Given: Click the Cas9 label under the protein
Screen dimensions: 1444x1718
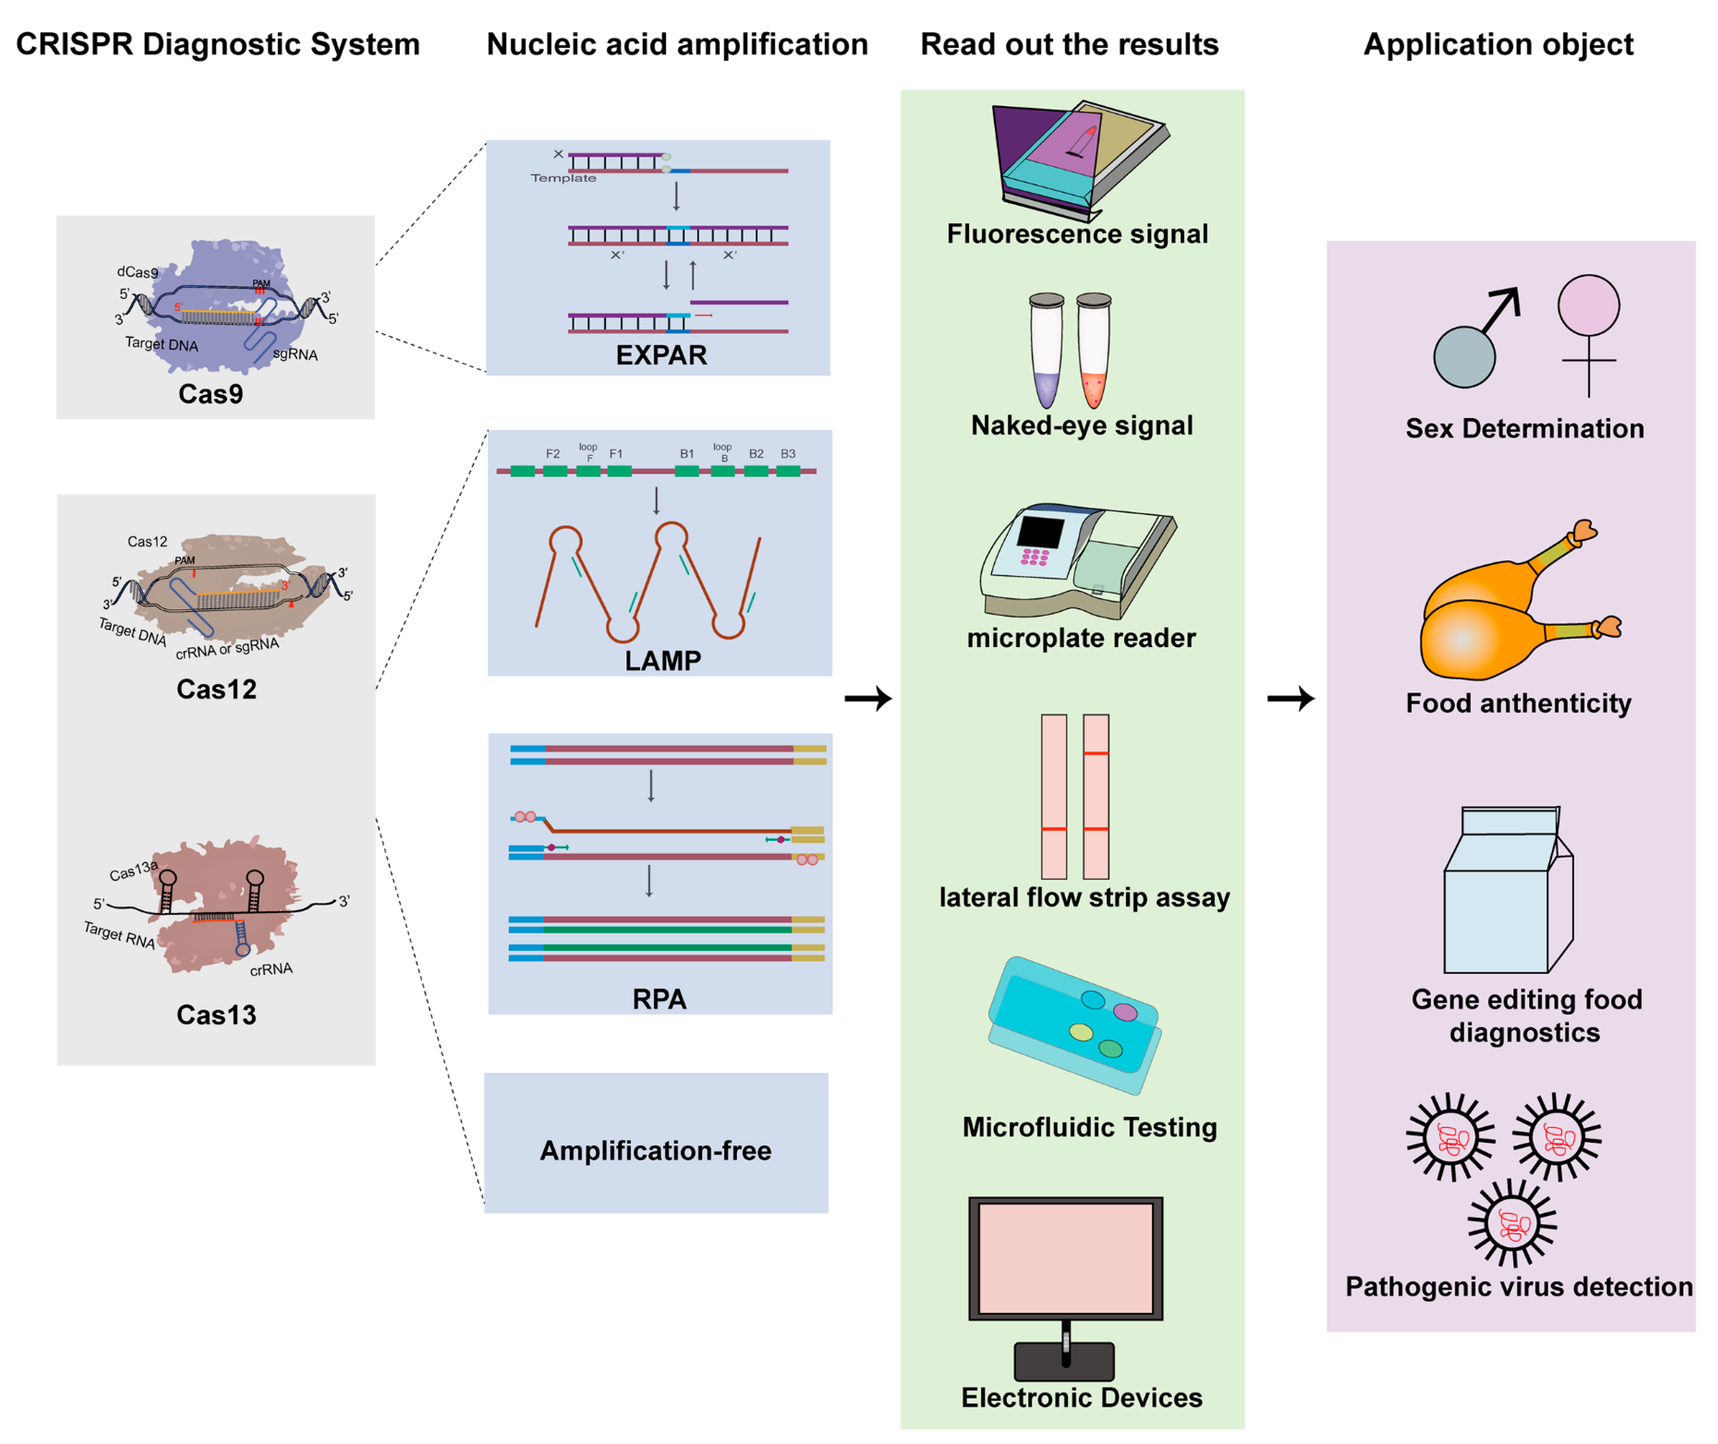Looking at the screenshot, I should [210, 394].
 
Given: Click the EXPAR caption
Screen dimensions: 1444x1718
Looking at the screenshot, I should [661, 355].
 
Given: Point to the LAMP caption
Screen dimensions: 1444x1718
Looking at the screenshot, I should [662, 661].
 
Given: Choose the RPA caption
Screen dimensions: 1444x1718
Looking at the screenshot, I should [659, 999].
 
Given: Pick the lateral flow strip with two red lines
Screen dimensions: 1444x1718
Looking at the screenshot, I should [1096, 796].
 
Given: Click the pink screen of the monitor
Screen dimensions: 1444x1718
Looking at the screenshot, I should [1065, 1257].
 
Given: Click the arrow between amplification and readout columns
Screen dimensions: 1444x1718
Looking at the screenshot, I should [868, 698].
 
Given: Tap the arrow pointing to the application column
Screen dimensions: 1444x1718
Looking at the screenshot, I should [1291, 698].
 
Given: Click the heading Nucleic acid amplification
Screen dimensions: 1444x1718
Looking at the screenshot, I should [677, 44].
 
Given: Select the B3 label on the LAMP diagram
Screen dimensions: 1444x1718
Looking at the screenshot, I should [788, 454].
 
